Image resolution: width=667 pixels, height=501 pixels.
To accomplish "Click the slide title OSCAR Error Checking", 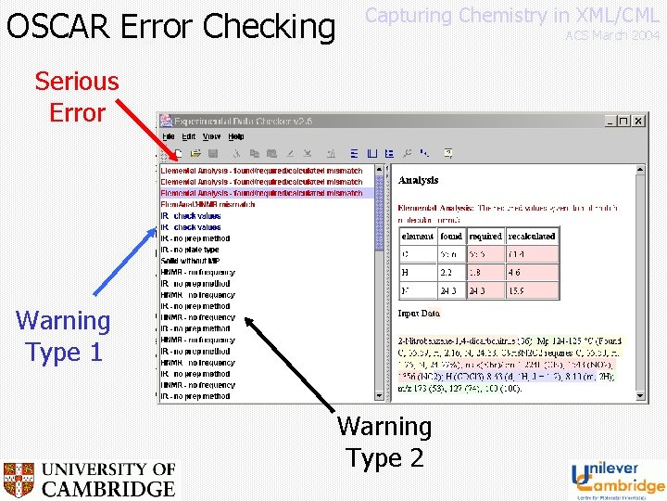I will coord(170,26).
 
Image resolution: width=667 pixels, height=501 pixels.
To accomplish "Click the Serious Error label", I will coord(77,96).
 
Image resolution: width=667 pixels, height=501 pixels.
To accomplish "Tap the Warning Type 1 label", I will coord(63,336).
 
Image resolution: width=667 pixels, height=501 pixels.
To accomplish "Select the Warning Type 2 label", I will coord(384,442).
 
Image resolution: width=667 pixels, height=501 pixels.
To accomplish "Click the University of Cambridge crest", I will coord(19,480).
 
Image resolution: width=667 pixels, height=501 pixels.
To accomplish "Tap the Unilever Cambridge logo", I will coord(617,479).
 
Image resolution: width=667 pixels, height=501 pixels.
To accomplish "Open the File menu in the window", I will coord(170,136).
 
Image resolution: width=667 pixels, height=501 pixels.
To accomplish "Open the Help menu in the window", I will coord(236,136).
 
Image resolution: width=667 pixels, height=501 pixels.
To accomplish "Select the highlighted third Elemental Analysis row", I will coord(261,193).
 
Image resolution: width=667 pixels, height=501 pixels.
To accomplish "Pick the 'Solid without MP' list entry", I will coord(195,261).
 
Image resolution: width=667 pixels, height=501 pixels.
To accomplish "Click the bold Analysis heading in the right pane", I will coord(418,180).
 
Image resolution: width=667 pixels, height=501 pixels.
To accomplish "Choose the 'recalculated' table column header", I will coord(532,237).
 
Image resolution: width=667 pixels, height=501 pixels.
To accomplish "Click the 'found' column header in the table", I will coord(451,237).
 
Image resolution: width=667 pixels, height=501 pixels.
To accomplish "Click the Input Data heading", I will coord(419,314).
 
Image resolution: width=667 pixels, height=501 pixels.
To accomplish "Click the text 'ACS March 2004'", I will coord(612,35).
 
